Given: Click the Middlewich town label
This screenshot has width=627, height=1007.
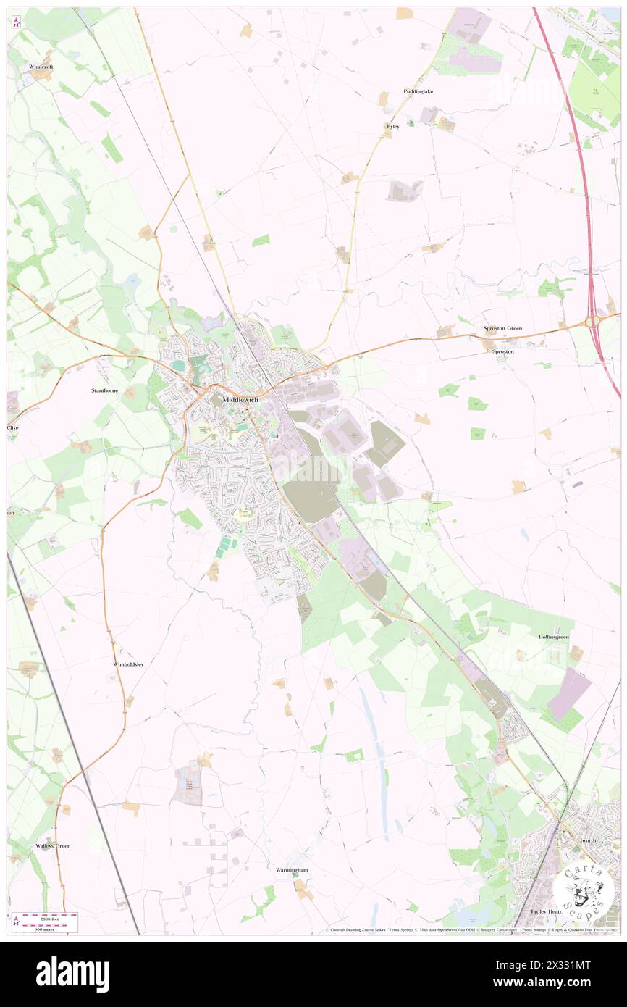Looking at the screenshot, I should pyautogui.click(x=240, y=399).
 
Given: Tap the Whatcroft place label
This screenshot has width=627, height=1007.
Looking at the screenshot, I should pyautogui.click(x=41, y=67).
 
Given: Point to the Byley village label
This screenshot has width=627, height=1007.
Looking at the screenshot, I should pyautogui.click(x=393, y=126).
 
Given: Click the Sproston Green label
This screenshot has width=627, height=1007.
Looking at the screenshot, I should pyautogui.click(x=502, y=328).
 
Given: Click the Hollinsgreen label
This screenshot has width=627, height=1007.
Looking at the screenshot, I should pyautogui.click(x=553, y=637).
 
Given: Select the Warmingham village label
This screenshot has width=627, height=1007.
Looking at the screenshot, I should pyautogui.click(x=292, y=869).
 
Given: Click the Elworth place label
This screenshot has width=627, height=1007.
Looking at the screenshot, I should pyautogui.click(x=586, y=840).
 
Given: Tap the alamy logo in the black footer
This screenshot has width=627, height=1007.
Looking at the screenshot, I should pyautogui.click(x=72, y=974).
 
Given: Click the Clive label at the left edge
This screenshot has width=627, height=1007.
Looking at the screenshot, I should pyautogui.click(x=12, y=427).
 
